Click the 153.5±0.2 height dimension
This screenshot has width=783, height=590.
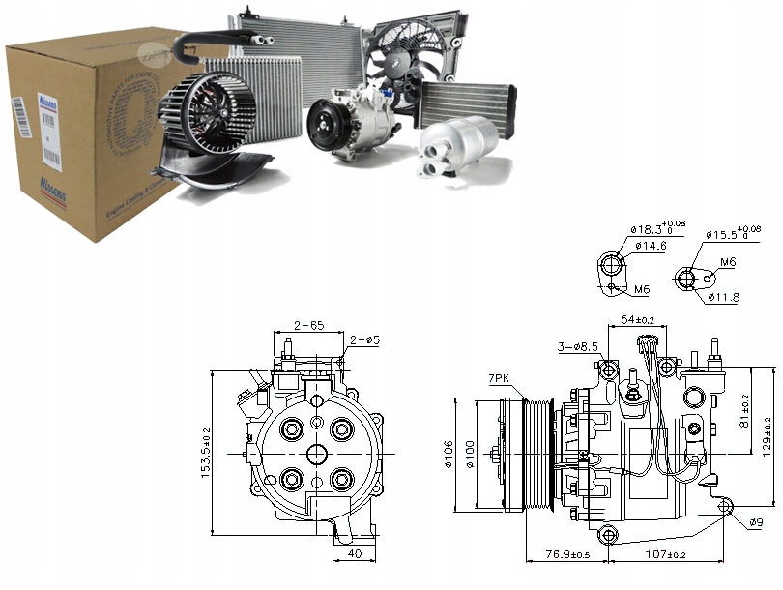pos(206,453)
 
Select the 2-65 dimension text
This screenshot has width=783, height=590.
pos(309,326)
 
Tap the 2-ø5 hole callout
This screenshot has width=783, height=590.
pos(364,339)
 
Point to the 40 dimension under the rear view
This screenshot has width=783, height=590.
pos(355,554)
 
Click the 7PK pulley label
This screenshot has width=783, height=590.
pos(500,378)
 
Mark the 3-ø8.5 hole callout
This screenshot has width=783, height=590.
pos(578,345)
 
